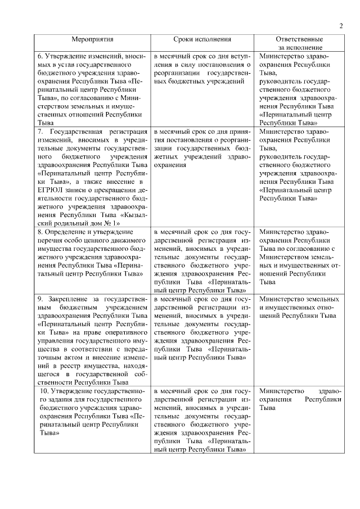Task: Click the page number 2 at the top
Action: [341, 26]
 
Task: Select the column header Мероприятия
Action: [92, 40]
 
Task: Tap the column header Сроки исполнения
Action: [202, 40]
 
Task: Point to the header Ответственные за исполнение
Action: [299, 44]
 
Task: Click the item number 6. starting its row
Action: [40, 56]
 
